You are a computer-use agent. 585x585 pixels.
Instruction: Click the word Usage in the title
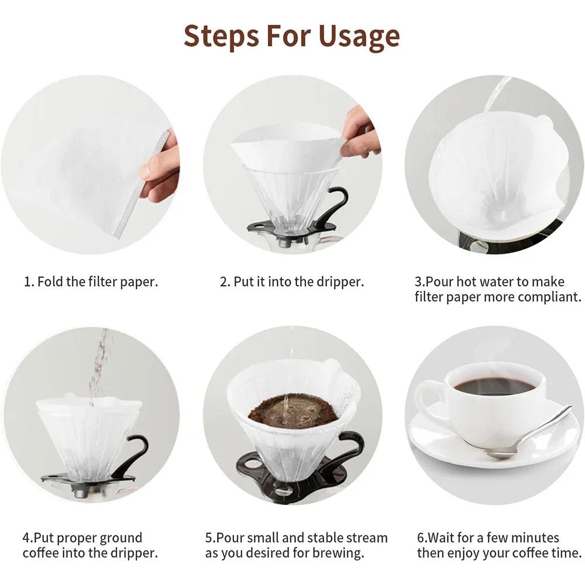[x=360, y=36]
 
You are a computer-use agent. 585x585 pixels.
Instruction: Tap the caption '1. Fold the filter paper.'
[x=91, y=281]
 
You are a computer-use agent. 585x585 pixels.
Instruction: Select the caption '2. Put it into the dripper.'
[x=292, y=281]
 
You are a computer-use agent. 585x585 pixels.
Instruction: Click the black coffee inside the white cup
[x=494, y=386]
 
